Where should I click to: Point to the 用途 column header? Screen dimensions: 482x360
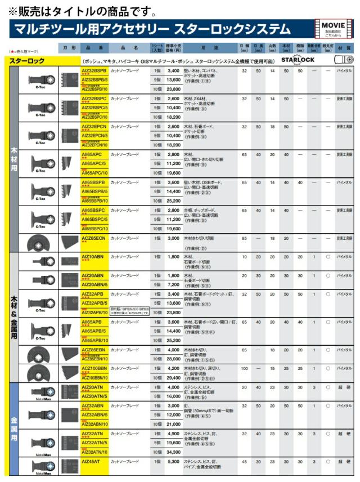tap(206, 48)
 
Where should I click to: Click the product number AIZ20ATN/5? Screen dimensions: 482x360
tap(94, 396)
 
